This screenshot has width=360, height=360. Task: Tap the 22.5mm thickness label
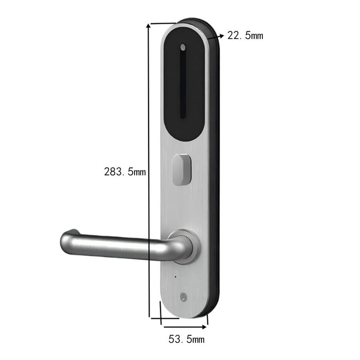click(x=245, y=35)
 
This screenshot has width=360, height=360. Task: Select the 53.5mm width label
click(x=187, y=339)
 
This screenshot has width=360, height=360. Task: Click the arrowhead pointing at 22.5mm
click(x=221, y=36)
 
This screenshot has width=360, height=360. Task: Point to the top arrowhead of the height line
click(x=150, y=26)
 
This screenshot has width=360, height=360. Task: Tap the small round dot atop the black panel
click(x=183, y=48)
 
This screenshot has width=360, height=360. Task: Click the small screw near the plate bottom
click(x=184, y=297)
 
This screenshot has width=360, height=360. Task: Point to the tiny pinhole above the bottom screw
click(x=174, y=278)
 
